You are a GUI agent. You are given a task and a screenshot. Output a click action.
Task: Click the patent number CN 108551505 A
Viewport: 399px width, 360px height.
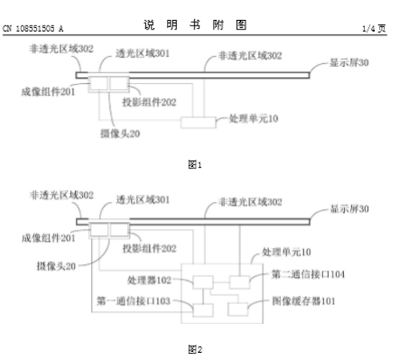(x=33, y=29)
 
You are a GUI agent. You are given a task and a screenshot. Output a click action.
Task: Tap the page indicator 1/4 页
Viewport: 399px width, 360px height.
(x=374, y=29)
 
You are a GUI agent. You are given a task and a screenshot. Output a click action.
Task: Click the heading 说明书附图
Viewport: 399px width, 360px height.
(x=195, y=25)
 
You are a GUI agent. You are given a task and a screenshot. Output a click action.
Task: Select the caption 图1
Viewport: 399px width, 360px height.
(x=195, y=164)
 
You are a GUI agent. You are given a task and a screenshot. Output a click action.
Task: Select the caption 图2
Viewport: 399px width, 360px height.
(x=195, y=350)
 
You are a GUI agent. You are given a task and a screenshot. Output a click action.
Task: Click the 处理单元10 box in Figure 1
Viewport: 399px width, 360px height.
(x=198, y=123)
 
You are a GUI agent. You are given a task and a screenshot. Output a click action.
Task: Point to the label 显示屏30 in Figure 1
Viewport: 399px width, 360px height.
(x=349, y=63)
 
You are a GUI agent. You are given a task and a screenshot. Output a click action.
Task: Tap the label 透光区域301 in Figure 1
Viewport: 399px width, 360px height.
(x=143, y=53)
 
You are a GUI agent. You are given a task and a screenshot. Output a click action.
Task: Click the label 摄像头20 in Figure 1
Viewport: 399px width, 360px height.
(x=120, y=133)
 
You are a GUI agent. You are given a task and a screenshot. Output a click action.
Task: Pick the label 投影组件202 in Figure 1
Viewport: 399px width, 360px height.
(x=149, y=102)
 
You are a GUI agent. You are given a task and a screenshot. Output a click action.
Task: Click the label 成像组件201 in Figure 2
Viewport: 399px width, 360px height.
(x=48, y=238)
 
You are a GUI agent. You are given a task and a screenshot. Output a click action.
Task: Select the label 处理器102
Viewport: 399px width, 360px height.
(x=149, y=280)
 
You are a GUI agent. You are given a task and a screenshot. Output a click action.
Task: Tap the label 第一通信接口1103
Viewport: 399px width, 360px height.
(x=133, y=301)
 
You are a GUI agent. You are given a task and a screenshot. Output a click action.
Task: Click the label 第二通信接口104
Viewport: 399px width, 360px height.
(x=308, y=274)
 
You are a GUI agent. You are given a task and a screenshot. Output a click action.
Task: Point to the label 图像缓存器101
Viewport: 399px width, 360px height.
(x=303, y=301)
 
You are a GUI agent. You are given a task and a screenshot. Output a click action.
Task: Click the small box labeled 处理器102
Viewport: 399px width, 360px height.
(x=203, y=283)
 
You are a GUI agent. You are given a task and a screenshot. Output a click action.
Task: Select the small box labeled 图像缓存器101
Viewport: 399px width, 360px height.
(x=238, y=310)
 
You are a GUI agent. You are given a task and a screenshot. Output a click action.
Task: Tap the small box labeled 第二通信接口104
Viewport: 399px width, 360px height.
(x=239, y=283)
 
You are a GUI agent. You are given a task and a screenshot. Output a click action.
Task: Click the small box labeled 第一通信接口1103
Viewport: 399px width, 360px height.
(x=203, y=311)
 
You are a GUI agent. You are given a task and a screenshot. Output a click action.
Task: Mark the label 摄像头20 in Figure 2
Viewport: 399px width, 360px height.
(x=56, y=266)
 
